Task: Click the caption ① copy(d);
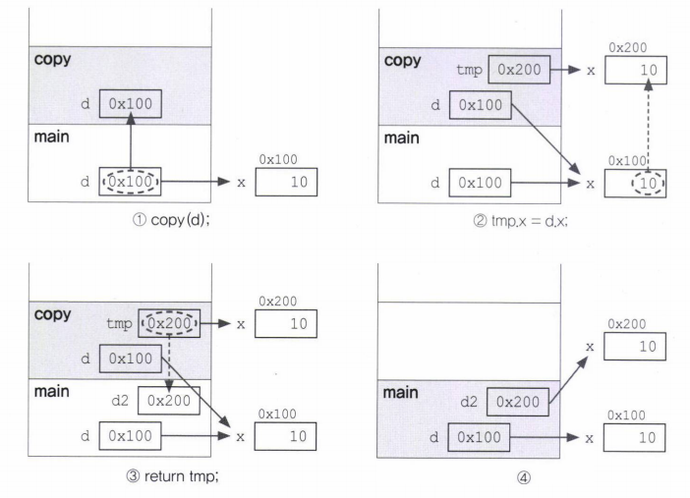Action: [x=171, y=219]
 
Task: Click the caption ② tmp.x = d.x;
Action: [x=521, y=220]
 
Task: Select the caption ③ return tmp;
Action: [x=173, y=476]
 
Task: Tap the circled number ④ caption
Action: [x=523, y=477]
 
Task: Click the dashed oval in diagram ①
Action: [x=131, y=171]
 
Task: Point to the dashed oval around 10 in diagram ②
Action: [x=648, y=173]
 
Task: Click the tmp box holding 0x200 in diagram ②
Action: [x=519, y=70]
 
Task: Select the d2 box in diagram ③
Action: [x=169, y=401]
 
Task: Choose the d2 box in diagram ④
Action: [x=517, y=402]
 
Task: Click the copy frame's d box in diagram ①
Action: [x=131, y=104]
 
